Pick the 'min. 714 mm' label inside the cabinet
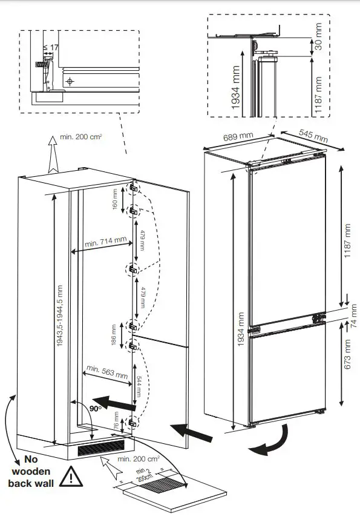point(106,242)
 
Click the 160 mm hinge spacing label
point(116,199)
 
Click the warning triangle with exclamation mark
point(74,477)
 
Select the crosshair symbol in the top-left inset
point(70,81)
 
